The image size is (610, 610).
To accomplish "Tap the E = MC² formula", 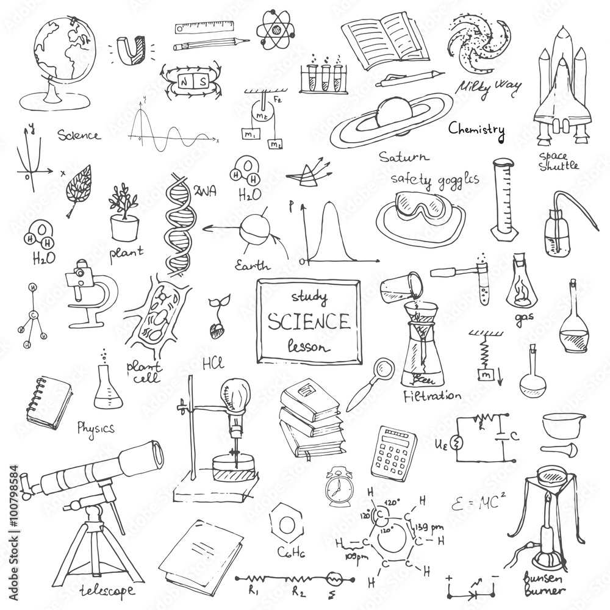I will pos(479,503).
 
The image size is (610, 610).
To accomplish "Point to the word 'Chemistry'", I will pos(476,129).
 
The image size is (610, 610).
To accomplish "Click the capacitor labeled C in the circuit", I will pos(504,436).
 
